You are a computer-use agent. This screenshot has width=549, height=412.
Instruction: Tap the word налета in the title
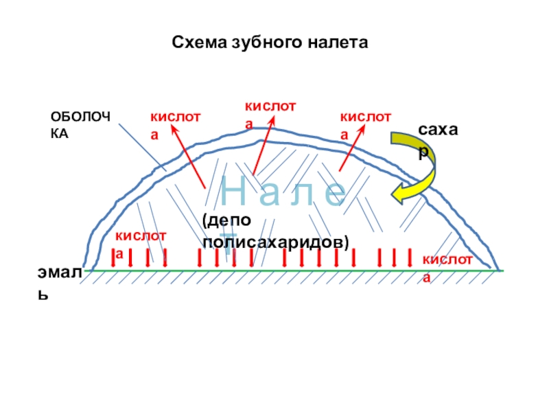[337, 43]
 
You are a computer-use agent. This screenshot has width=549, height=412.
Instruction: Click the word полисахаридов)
[276, 243]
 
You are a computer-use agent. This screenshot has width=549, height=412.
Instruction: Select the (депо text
[226, 220]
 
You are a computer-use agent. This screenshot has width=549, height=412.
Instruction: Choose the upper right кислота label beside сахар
[364, 125]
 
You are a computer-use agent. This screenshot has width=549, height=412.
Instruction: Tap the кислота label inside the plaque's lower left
[140, 244]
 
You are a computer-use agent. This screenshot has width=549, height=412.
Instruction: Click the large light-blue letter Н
[235, 192]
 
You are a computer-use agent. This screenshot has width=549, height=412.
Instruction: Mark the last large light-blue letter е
[334, 192]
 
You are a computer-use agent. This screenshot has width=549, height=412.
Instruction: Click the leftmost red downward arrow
[114, 257]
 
